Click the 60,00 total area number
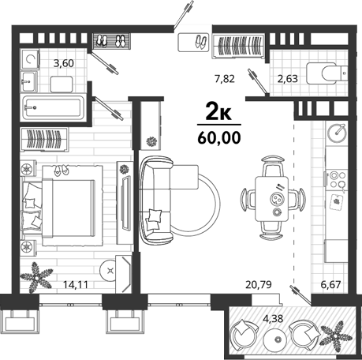pyautogui.click(x=219, y=137)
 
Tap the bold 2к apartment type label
pyautogui.click(x=218, y=111)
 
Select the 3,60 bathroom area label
pyautogui.click(x=64, y=63)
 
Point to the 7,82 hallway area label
pyautogui.click(x=225, y=78)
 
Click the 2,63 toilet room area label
pyautogui.click(x=288, y=78)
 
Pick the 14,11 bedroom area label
pyautogui.click(x=76, y=284)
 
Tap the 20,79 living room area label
pyautogui.click(x=258, y=284)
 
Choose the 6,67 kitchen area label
pyautogui.click(x=330, y=284)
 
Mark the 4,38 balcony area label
pyautogui.click(x=273, y=319)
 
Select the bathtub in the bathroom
pyautogui.click(x=53, y=107)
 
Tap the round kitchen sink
pyautogui.click(x=337, y=133)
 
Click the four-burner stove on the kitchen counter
pyautogui.click(x=338, y=179)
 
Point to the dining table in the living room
pyautogui.click(x=272, y=199)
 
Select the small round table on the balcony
pyautogui.click(x=276, y=339)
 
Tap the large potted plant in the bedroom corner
pyautogui.click(x=36, y=278)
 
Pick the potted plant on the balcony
pyautogui.click(x=335, y=336)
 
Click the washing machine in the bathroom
pyautogui.click(x=30, y=59)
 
